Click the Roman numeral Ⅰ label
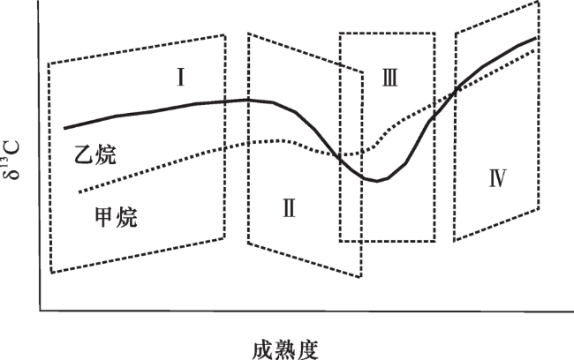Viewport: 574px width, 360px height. tap(180, 77)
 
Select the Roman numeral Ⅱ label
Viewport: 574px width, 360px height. tap(289, 208)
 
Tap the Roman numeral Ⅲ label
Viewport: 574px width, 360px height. tap(389, 78)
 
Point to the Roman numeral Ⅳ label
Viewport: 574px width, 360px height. tap(498, 178)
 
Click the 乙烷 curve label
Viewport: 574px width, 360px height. tap(95, 155)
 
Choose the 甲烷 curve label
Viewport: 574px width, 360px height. tap(116, 217)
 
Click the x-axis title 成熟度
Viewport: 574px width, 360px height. tap(285, 350)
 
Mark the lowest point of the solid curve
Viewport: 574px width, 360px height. tap(377, 181)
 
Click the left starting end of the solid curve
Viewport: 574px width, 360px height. tap(64, 128)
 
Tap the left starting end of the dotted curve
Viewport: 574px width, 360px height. tap(79, 192)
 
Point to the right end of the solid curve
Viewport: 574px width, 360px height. tap(536, 38)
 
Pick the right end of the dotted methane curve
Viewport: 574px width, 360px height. tap(534, 50)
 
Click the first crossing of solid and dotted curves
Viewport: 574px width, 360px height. tap(339, 156)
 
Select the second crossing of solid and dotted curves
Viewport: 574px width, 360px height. tap(457, 89)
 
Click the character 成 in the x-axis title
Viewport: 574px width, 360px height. tap(263, 350)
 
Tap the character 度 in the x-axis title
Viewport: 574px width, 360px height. tap(308, 350)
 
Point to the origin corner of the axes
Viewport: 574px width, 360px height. tap(40, 311)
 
